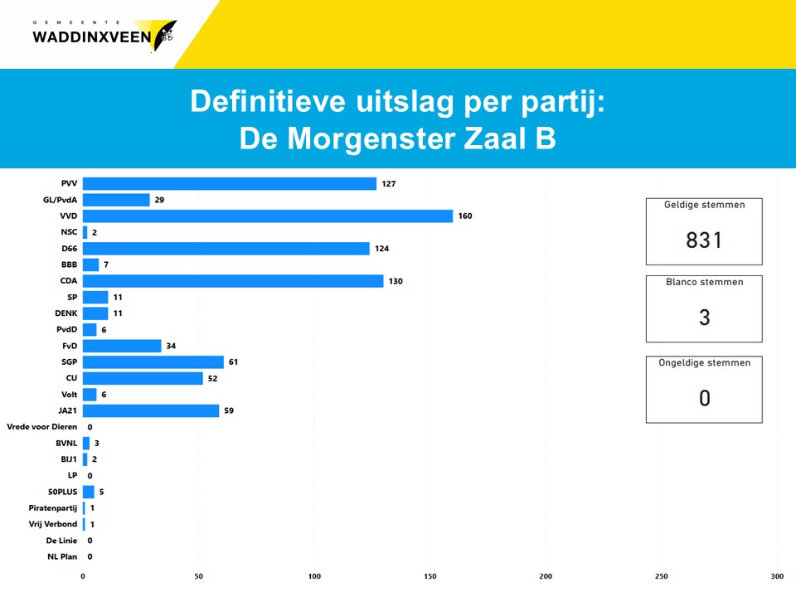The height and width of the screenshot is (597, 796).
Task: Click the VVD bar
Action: [x=268, y=216]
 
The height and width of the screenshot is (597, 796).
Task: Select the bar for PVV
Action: [x=230, y=184]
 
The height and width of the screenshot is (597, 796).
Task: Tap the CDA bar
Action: [x=233, y=281]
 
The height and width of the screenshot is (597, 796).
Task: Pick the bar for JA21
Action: [x=151, y=410]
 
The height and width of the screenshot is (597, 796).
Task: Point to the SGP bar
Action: [x=153, y=362]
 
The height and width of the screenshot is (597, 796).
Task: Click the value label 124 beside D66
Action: [x=381, y=249]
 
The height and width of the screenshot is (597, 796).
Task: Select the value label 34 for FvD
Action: [x=171, y=346]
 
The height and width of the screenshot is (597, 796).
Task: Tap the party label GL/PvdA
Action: [x=60, y=200]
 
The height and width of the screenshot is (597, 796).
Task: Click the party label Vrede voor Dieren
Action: [x=42, y=426]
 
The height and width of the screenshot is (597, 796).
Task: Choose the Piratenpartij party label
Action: [x=52, y=507]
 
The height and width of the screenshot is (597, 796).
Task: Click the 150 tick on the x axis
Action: [x=430, y=575]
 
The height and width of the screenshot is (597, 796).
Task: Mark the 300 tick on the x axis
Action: [x=776, y=575]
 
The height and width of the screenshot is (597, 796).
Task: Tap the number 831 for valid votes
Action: [x=704, y=240]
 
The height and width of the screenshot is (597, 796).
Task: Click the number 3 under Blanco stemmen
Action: [x=704, y=318]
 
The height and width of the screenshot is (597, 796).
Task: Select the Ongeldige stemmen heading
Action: [x=704, y=362]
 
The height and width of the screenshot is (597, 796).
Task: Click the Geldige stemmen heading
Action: [x=704, y=205]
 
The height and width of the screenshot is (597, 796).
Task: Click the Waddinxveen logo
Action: [x=103, y=35]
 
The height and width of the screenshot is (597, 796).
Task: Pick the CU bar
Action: [x=143, y=378]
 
